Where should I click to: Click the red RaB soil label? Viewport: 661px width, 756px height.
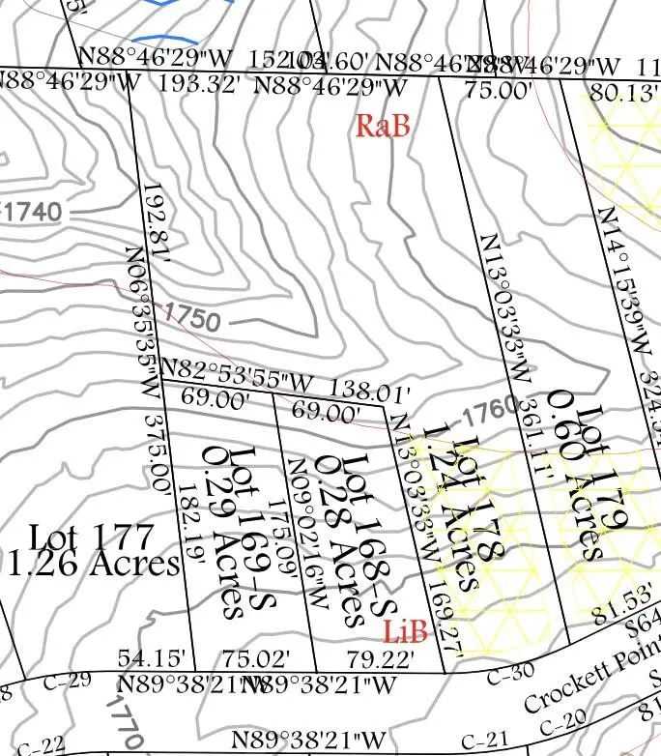tap(384, 126)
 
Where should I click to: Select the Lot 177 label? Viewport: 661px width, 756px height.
tap(91, 536)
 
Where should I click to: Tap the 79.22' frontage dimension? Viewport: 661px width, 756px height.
tap(381, 660)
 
